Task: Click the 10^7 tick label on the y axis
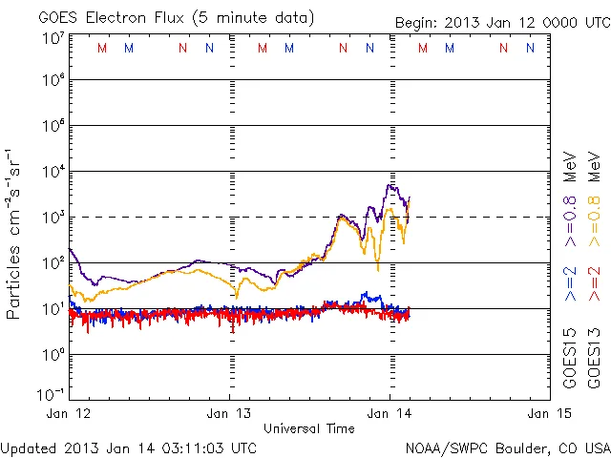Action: [53, 38]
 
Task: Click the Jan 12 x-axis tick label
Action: [70, 413]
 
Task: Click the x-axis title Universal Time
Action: [308, 428]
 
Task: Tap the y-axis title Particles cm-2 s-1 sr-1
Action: [14, 234]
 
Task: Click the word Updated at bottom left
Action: [28, 448]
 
